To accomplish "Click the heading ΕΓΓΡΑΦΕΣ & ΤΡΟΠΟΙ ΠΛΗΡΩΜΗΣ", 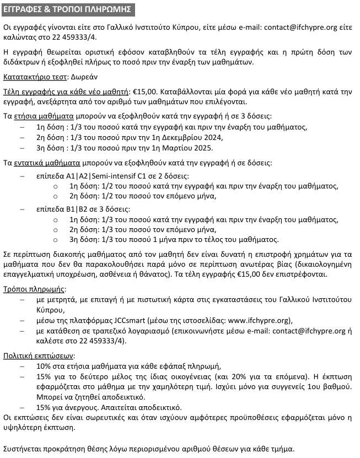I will (x=68, y=10).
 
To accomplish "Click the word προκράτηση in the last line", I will (x=60, y=448).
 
